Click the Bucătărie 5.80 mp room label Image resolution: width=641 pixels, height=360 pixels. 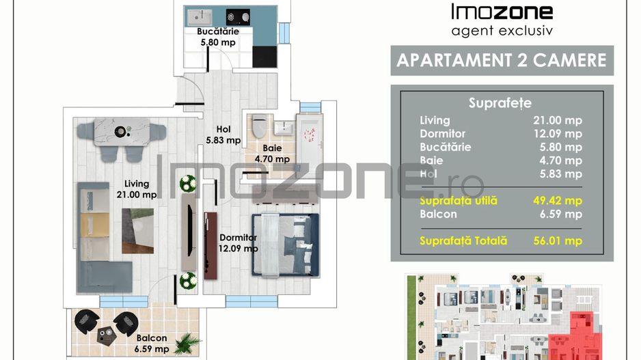pos(218,37)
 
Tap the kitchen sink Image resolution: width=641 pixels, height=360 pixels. pos(200,17)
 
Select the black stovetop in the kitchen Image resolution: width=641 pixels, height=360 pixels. pos(238,17)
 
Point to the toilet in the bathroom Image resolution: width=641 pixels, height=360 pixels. pos(259,126)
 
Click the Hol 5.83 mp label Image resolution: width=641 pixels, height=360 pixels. pos(223,135)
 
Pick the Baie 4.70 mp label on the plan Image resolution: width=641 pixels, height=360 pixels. pos(272,154)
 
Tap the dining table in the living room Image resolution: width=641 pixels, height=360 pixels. pos(122,132)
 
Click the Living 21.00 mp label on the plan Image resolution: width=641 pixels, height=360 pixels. pos(137,189)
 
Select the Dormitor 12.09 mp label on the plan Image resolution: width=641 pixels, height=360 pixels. pos(238,243)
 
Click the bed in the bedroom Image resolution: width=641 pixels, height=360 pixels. pos(286,245)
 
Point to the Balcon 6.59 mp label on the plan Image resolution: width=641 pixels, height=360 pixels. pos(152,344)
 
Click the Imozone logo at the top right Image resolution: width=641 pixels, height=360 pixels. pos(502,20)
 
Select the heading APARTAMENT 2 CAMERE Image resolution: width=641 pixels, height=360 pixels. pos(502,61)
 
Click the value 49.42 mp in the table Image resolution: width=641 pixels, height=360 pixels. pos(558,201)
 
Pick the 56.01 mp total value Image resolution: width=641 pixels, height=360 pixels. pos(558,240)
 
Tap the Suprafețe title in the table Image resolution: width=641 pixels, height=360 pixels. pos(500,103)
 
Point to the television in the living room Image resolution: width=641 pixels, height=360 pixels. pos(189,230)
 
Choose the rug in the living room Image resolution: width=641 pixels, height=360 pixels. pos(138,231)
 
